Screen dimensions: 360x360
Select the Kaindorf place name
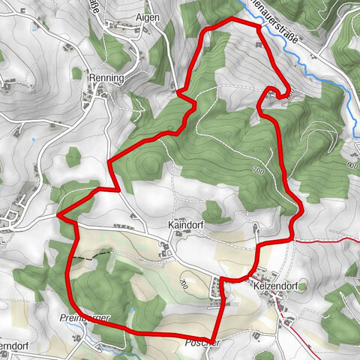[x=186, y=223]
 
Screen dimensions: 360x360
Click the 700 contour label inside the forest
[x=259, y=171]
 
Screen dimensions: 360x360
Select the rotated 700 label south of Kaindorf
[x=184, y=283]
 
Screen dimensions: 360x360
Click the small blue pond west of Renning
[x=34, y=139]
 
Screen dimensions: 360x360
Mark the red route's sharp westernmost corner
[x=58, y=215]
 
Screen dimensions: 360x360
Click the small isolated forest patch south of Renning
[x=73, y=157]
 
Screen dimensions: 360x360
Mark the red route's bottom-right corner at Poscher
[x=215, y=336]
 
